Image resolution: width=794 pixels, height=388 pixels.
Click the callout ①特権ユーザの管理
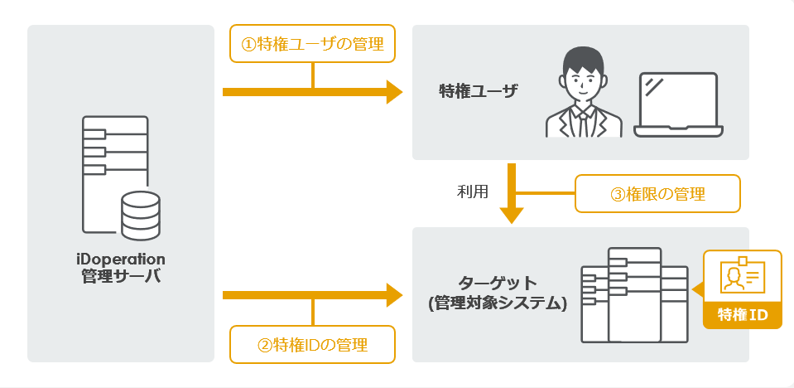point(312,45)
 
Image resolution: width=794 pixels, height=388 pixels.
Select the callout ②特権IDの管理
point(312,344)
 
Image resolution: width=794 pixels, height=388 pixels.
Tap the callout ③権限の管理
point(657,194)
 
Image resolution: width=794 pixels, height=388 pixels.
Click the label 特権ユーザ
point(478,90)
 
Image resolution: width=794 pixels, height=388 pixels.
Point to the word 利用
point(472,192)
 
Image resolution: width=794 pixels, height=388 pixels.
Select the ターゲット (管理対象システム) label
point(497,293)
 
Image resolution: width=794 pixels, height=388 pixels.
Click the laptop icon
point(678,105)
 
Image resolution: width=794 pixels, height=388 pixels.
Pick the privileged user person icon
point(583,93)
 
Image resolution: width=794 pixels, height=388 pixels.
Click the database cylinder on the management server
point(139,213)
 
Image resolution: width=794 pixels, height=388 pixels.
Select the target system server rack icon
point(634,294)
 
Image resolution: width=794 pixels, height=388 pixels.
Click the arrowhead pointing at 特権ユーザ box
point(394,91)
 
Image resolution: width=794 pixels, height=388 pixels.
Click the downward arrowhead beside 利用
point(512,214)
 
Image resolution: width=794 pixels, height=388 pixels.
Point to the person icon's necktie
point(583,122)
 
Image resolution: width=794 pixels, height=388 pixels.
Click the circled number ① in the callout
point(247,45)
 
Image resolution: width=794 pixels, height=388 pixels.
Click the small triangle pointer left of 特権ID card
point(698,289)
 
